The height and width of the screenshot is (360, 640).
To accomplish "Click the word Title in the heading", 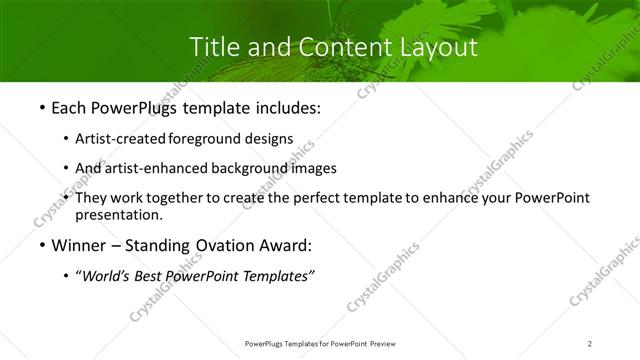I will point(212,47).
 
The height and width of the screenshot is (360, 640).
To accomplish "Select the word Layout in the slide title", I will point(436,47).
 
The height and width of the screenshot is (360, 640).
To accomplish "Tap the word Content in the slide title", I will point(343,47).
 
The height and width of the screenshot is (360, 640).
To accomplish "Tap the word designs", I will point(268,139).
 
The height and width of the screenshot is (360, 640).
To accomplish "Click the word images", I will point(313,168).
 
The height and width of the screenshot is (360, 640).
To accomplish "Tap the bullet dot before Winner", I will point(41,245).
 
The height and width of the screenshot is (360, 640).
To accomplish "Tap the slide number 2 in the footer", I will point(590,343).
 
